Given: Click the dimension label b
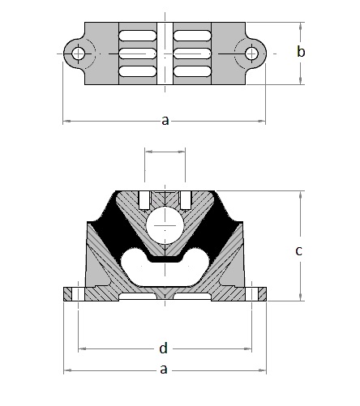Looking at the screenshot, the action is coord(301,51).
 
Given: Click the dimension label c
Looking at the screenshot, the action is coord(298,251).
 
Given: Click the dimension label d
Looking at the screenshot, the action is coord(163,348).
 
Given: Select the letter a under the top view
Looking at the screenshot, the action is coord(165,121).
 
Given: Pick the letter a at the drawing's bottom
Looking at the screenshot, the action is coord(164,370).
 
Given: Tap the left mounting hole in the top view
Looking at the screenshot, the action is coord(79,53).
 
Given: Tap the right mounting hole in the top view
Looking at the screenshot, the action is coord(251,53).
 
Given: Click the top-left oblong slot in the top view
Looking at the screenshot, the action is coord(138,36).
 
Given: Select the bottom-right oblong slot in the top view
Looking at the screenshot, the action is coord(192,71).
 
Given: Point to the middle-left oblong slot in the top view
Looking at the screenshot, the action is coord(138,53).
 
